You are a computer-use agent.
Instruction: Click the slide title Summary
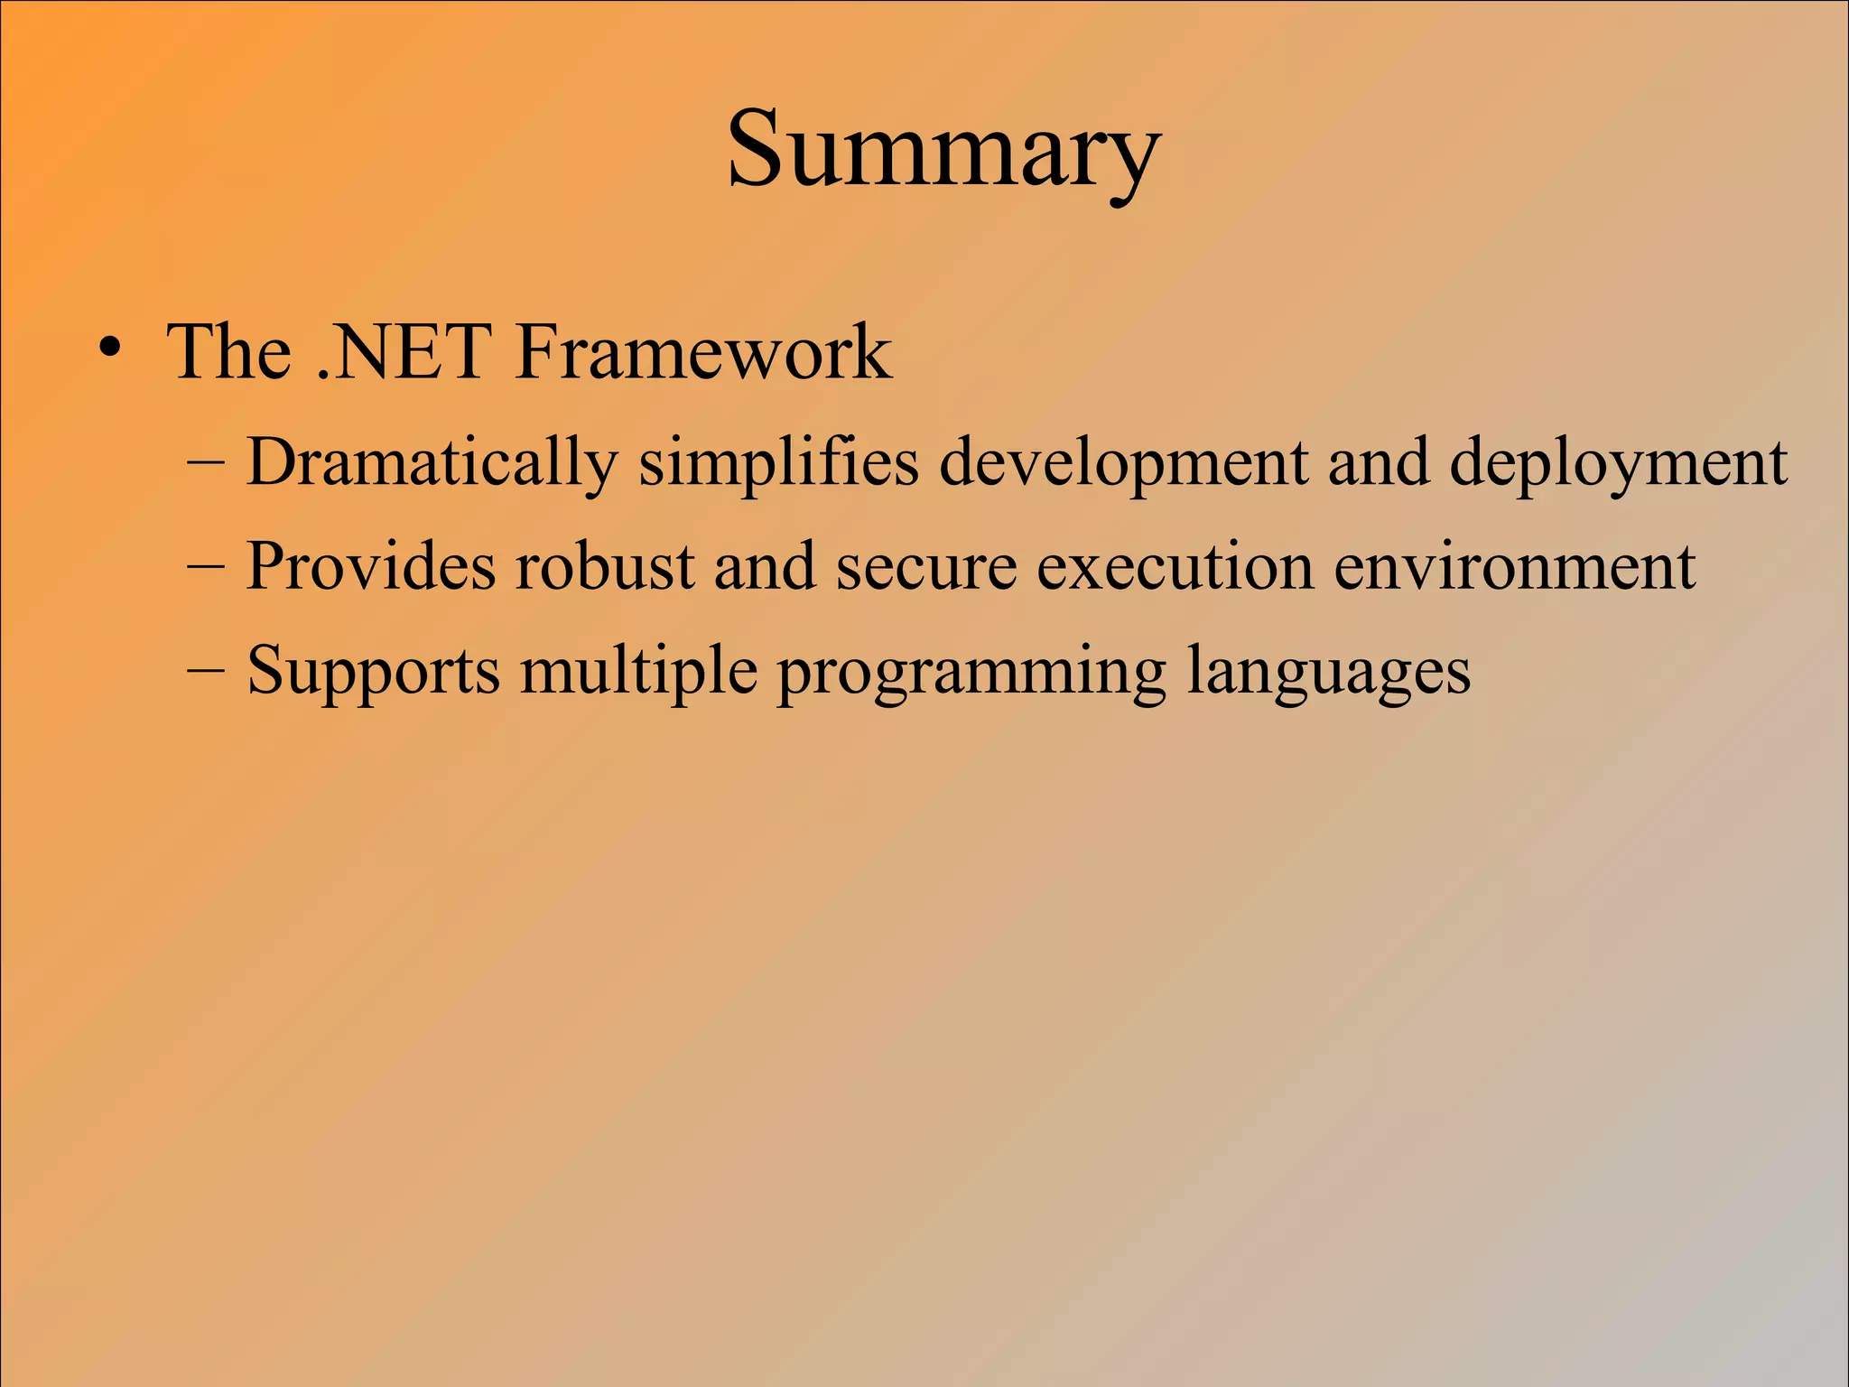coord(943,150)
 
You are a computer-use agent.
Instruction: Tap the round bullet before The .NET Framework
coord(109,350)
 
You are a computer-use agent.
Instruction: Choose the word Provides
coord(370,567)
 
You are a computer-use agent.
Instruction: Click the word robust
coord(604,567)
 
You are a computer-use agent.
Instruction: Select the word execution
coord(1174,567)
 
